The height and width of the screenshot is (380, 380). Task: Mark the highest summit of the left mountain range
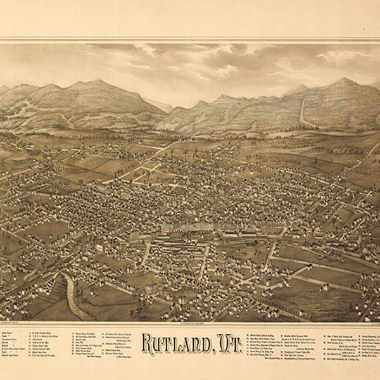[95, 82]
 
